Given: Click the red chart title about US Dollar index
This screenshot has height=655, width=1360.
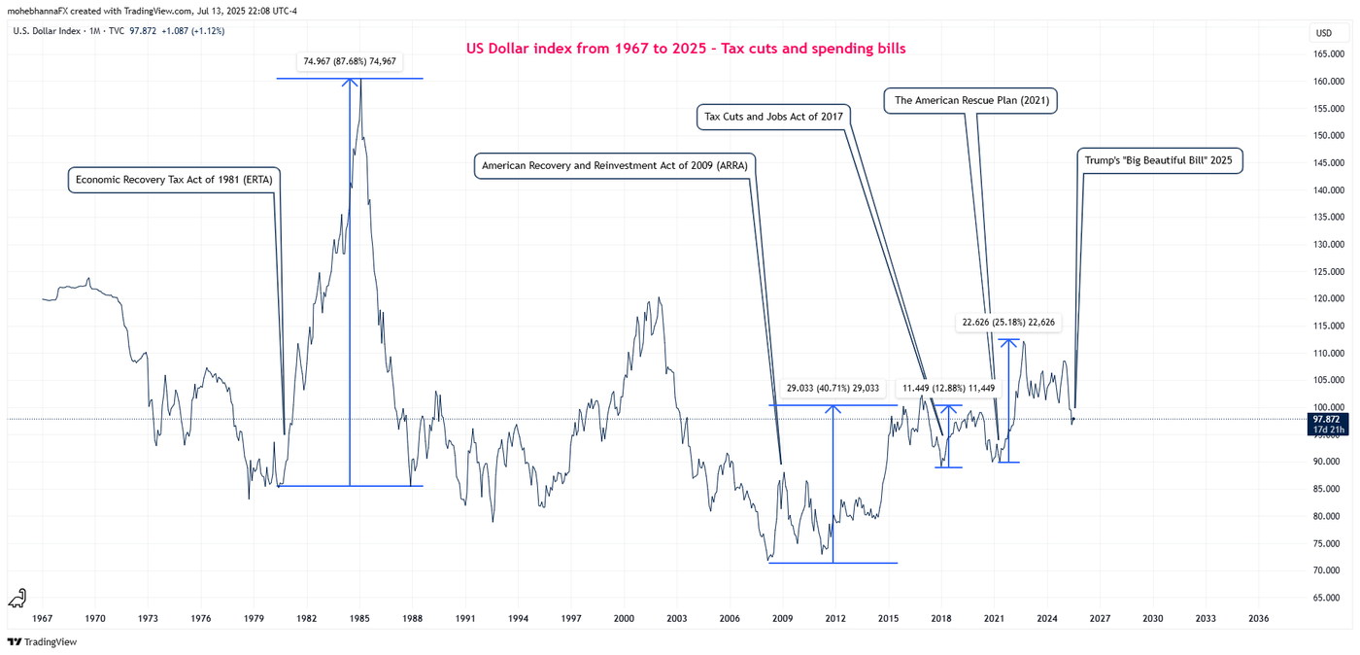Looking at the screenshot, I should [685, 49].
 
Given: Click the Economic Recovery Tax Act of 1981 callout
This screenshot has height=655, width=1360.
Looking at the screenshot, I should [174, 180].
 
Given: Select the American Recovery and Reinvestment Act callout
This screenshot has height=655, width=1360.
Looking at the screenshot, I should [614, 165].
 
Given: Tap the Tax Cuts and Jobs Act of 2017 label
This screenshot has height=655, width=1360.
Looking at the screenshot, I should [773, 117].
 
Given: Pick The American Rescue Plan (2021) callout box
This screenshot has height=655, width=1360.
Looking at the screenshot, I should [969, 100].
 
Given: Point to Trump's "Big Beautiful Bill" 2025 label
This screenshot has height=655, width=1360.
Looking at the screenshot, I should [1159, 160].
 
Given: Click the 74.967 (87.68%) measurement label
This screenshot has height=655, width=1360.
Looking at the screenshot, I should [349, 61].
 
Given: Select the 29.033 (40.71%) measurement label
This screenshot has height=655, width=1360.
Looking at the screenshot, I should [833, 388].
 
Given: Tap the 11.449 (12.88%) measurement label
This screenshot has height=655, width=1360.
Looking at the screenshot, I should [948, 388].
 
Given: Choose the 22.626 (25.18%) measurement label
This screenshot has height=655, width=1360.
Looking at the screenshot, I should [1007, 322].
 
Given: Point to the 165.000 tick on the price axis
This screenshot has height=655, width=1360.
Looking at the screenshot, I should [1327, 54].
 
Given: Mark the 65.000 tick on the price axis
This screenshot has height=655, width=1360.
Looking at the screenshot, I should [1327, 598].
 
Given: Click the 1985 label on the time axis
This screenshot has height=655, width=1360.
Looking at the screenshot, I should [359, 618].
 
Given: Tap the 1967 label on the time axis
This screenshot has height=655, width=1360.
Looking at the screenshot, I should [43, 618].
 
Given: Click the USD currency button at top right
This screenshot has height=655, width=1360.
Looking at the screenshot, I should [1323, 33].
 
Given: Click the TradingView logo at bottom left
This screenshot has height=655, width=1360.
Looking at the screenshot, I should [42, 641].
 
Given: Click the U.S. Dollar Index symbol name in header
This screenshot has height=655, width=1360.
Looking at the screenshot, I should [48, 31].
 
